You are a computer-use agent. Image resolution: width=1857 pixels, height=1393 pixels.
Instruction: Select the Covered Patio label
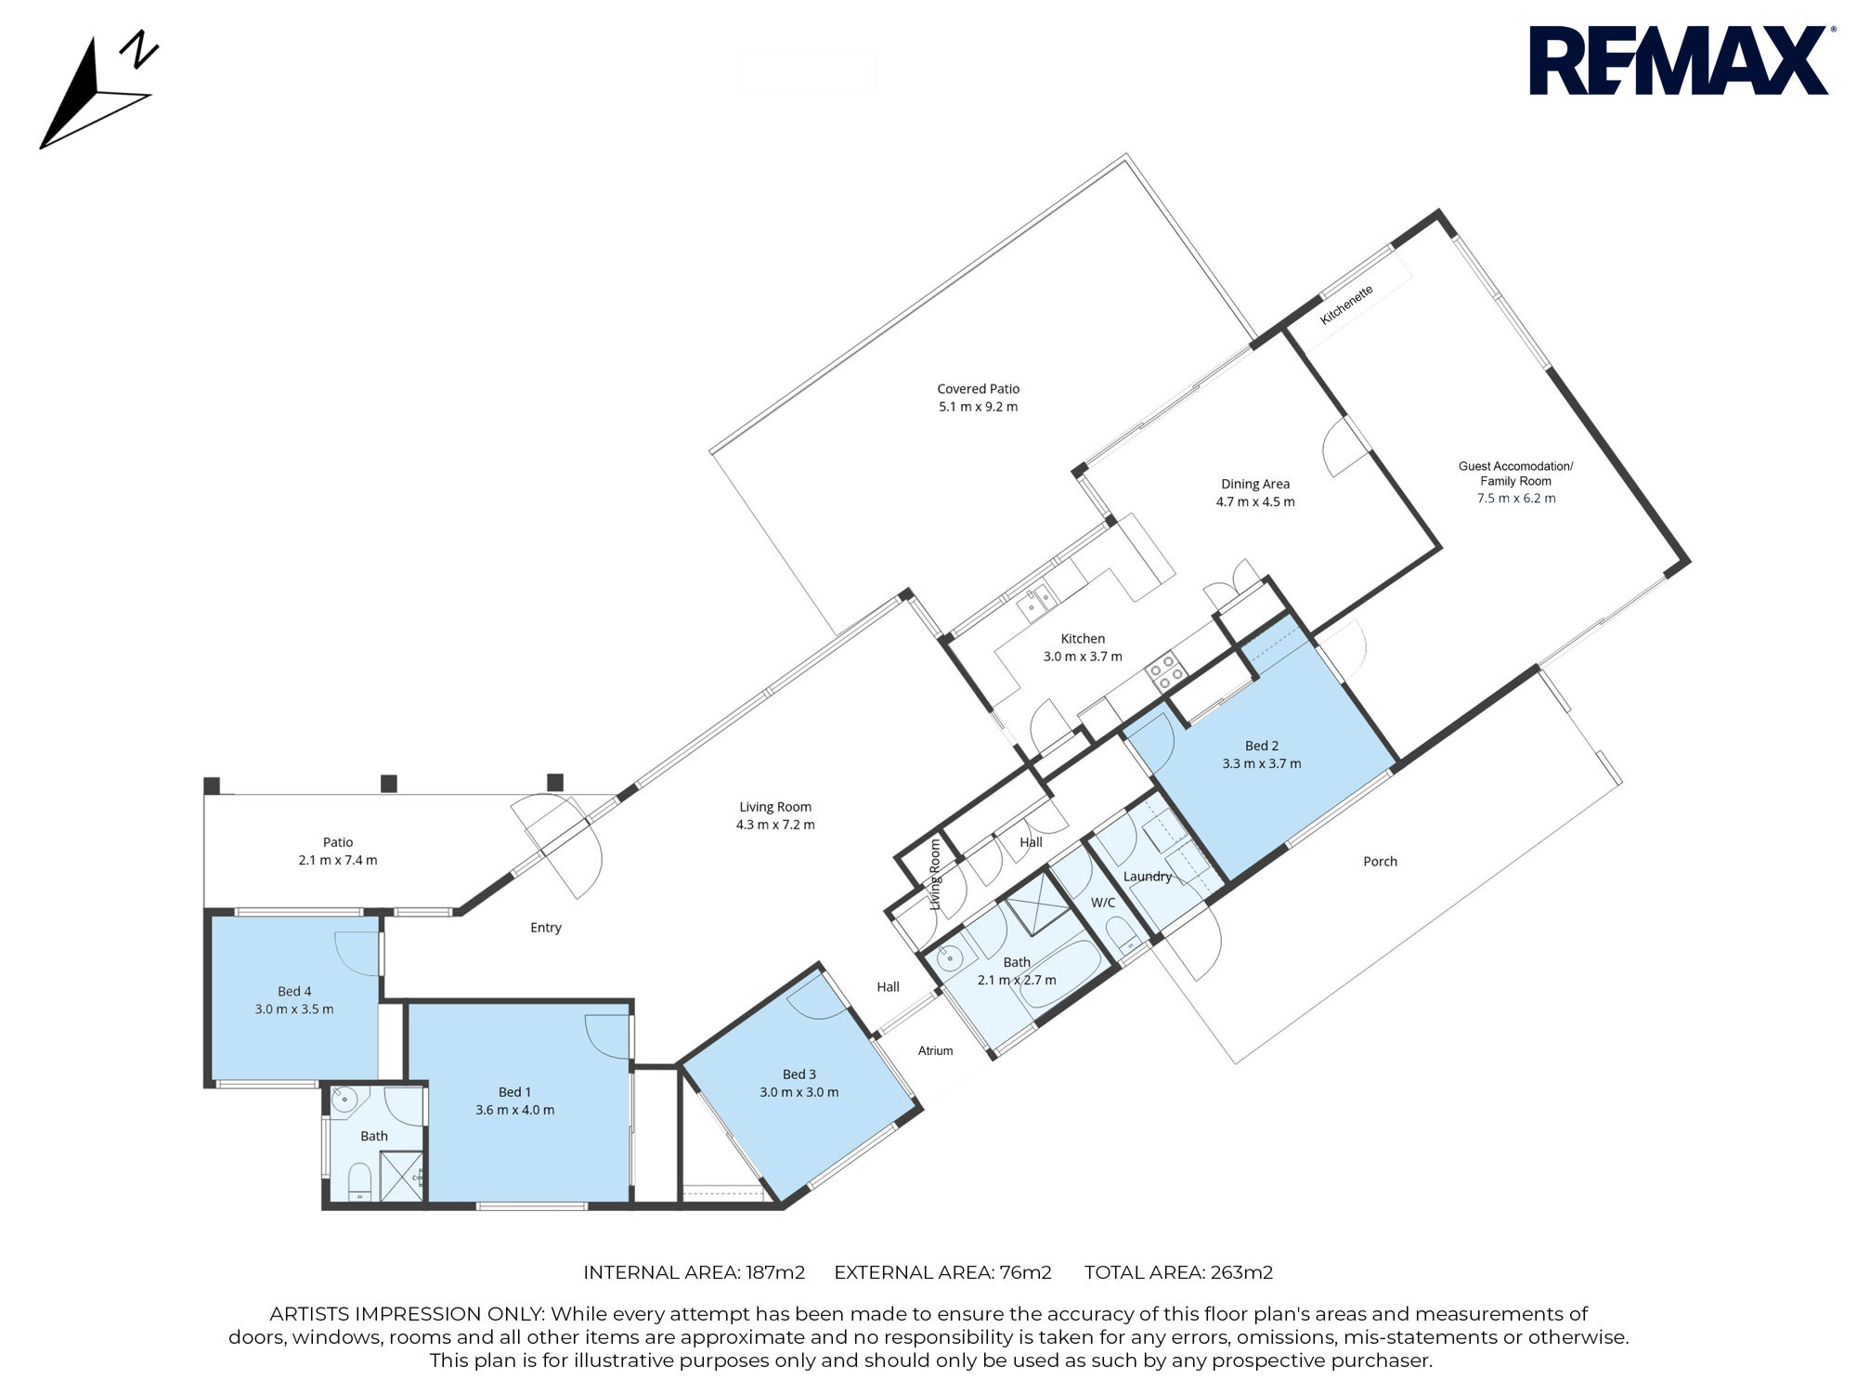tap(978, 389)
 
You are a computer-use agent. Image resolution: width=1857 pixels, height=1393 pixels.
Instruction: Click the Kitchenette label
tap(1346, 305)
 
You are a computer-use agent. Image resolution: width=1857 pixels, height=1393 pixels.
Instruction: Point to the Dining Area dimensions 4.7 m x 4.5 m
tap(1255, 501)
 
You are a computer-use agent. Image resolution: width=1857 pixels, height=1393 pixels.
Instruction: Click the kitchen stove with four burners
tap(1164, 670)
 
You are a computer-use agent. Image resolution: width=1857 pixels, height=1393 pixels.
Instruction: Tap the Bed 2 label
tap(1262, 746)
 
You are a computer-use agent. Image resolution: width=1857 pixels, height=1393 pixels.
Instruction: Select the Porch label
tap(1380, 862)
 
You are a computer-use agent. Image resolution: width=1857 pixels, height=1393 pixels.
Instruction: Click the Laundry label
tap(1148, 877)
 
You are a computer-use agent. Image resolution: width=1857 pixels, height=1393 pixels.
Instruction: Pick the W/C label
tap(1103, 903)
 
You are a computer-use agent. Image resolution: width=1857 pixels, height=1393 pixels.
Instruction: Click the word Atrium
tap(935, 1051)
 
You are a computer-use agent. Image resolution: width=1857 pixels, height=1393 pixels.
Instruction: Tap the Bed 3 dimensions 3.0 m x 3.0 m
tap(799, 1092)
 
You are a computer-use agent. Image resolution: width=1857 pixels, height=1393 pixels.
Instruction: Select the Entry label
tap(546, 928)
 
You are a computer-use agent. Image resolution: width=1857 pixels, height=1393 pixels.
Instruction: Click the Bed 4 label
tap(294, 992)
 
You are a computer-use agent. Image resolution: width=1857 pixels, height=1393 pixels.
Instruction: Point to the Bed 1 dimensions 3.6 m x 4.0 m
tap(514, 1110)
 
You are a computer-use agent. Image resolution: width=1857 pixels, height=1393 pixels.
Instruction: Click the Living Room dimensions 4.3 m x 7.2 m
tap(775, 825)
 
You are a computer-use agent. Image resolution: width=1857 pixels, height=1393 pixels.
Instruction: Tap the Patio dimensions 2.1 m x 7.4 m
tap(338, 860)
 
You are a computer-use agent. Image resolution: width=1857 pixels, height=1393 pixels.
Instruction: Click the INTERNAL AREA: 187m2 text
tap(694, 1272)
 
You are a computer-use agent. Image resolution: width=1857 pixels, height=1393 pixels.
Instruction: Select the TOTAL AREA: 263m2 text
tap(1178, 1272)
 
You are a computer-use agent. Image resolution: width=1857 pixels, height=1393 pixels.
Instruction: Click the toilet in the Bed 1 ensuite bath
tap(359, 1182)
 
